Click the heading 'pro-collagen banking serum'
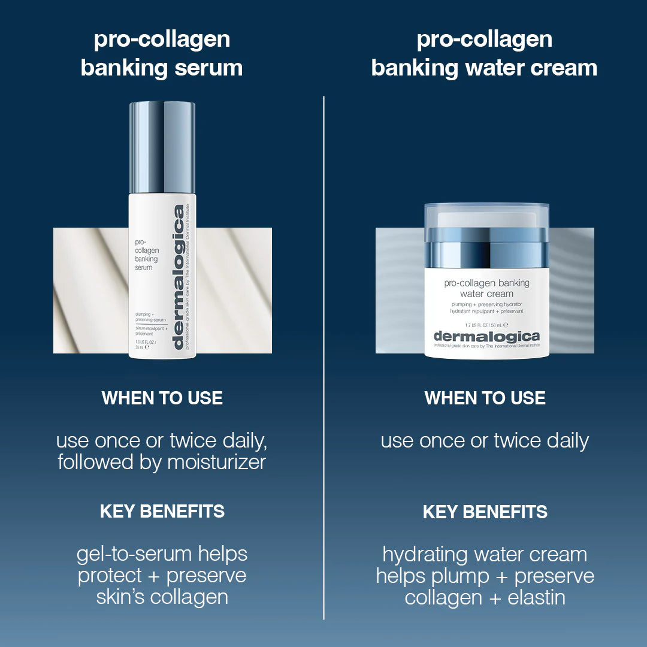tap(162, 54)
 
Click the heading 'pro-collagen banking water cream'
tap(484, 54)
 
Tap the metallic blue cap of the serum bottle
tap(162, 147)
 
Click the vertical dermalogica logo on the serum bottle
tap(178, 277)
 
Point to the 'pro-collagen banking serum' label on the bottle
tap(147, 255)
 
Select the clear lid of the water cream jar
tap(486, 216)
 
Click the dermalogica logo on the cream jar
tap(486, 336)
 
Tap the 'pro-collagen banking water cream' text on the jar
tap(486, 289)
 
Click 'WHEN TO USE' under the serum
tap(162, 398)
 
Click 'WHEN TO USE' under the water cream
tap(485, 398)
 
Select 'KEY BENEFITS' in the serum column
tap(162, 512)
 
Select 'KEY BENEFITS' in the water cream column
tap(485, 512)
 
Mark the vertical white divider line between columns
tap(323, 359)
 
